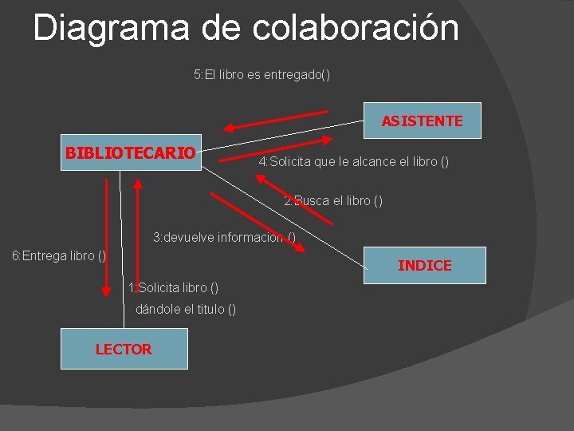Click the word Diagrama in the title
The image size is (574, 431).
(x=112, y=28)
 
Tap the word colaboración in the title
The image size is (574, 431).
(x=356, y=28)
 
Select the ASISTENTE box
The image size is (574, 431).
(x=422, y=121)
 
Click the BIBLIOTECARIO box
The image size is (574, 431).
(x=131, y=152)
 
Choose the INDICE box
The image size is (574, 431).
(x=424, y=265)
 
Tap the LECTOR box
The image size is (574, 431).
(x=124, y=349)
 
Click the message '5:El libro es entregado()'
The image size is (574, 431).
(x=261, y=75)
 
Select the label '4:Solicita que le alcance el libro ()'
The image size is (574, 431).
(x=353, y=162)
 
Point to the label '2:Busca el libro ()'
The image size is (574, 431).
(x=333, y=201)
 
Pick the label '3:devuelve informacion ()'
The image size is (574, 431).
(x=224, y=237)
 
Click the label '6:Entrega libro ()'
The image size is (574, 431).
(x=58, y=255)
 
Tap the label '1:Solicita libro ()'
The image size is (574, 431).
(x=173, y=287)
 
